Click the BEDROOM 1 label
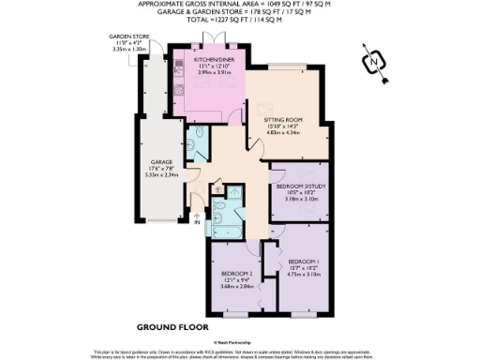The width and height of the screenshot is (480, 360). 303,260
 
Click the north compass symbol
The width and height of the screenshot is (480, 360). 374,63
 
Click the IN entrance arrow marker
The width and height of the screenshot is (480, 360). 197,222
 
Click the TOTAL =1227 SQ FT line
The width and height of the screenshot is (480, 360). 238,19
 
